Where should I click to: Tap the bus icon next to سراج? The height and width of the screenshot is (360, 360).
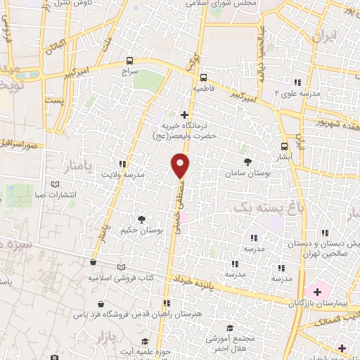tap(129, 60)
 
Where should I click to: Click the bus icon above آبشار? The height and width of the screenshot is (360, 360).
tap(284, 147)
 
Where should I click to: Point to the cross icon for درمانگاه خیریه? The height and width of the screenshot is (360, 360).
tap(185, 114)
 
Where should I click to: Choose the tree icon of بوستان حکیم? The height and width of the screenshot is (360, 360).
tap(142, 219)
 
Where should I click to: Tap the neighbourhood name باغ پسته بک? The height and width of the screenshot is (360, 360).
tap(259, 207)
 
